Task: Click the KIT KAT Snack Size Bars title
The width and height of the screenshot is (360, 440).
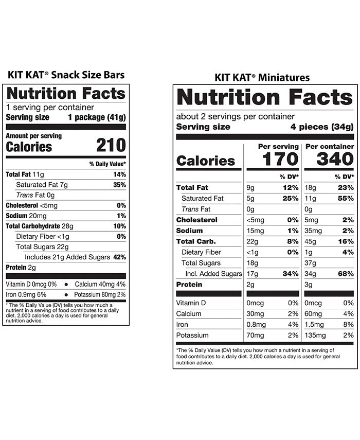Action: pyautogui.click(x=66, y=75)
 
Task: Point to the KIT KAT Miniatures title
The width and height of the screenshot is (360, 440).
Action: pyautogui.click(x=262, y=78)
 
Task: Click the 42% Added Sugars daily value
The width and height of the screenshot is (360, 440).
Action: pyautogui.click(x=119, y=257)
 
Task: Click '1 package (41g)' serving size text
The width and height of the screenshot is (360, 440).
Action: pyautogui.click(x=97, y=117)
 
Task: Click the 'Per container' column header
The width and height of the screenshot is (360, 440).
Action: pyautogui.click(x=329, y=147)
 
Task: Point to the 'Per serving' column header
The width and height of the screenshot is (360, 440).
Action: pyautogui.click(x=278, y=147)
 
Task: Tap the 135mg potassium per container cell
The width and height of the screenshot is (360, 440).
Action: pyautogui.click(x=315, y=336)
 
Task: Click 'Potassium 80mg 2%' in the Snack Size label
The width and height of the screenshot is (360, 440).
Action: pyautogui.click(x=100, y=294)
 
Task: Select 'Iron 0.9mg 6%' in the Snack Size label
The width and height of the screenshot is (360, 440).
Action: pyautogui.click(x=27, y=294)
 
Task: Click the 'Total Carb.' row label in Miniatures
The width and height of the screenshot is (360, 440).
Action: pyautogui.click(x=196, y=241)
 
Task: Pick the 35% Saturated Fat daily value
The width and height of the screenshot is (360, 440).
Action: pyautogui.click(x=119, y=185)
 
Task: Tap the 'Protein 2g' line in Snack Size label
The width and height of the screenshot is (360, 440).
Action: pyautogui.click(x=21, y=267)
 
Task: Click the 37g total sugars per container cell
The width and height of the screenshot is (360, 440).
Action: pyautogui.click(x=310, y=263)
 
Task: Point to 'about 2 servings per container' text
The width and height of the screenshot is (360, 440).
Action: pyautogui.click(x=236, y=116)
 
